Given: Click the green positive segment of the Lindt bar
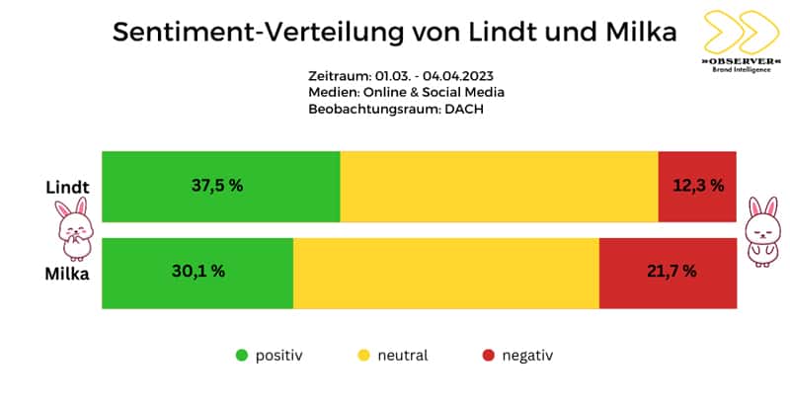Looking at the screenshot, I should point(221,186).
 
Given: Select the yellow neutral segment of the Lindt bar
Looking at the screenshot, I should point(499,186).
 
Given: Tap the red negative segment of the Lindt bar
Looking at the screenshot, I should point(697,186).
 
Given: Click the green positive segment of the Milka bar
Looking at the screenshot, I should point(197,272).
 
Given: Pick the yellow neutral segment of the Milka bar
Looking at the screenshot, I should point(445,272).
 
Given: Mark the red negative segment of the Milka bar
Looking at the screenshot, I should point(668,272).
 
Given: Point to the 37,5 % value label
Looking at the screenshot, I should point(217,186).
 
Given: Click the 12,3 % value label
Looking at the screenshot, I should point(698,186).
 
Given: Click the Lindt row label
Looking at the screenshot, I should point(65,187).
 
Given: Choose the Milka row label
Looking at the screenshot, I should point(65,274).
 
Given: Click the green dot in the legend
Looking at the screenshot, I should point(241,355).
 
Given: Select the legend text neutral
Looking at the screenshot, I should point(402,355).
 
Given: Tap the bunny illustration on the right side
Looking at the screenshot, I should point(762,229).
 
